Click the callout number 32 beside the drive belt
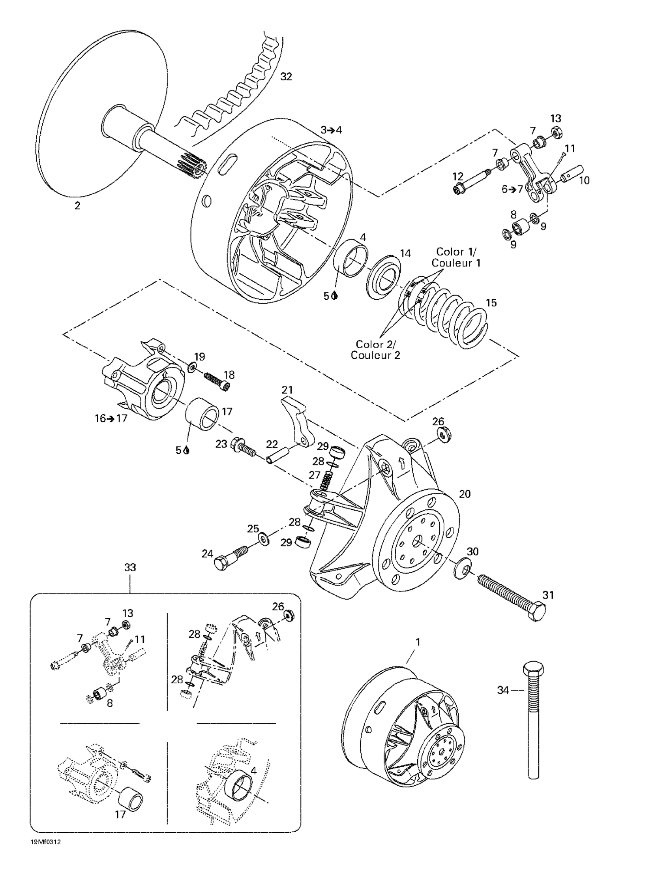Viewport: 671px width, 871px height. (x=286, y=77)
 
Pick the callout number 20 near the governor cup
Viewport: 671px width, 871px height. (x=465, y=494)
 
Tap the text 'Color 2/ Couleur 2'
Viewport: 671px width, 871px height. (x=375, y=349)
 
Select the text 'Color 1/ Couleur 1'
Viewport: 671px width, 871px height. (x=456, y=257)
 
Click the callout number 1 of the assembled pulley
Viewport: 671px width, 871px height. (x=418, y=642)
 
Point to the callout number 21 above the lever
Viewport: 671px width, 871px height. (x=287, y=389)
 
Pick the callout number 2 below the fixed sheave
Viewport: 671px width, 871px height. (x=77, y=206)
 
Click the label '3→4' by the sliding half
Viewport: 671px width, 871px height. (x=331, y=130)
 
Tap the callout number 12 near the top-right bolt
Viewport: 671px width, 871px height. (x=458, y=176)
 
